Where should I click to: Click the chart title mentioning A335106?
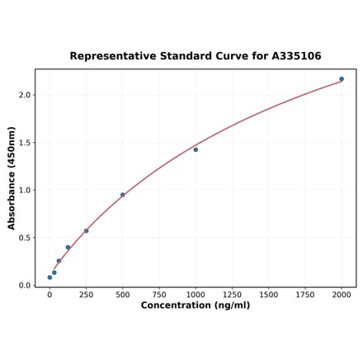pos(195,56)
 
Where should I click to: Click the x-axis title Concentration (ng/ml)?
pos(195,305)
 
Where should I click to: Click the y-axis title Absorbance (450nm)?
pos(12,178)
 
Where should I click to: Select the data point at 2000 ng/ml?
pos(342,79)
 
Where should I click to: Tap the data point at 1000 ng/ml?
pos(196,149)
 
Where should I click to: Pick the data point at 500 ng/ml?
pos(122,195)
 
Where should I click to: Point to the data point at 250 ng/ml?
pos(86,231)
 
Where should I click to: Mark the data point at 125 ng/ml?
pos(68,247)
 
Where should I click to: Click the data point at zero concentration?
pos(49,277)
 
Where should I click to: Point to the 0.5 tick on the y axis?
pos(24,238)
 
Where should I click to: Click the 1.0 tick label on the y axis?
pos(24,191)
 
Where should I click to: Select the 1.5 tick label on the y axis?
pos(24,143)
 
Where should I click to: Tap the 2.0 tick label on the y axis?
pos(24,96)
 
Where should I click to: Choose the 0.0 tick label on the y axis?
pos(24,286)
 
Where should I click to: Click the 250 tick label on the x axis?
pos(86,294)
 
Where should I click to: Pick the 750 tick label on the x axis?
pos(158,294)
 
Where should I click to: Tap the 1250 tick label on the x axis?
pos(232,294)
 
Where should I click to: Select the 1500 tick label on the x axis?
pos(268,294)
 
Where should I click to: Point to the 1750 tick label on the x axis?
pos(304,294)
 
